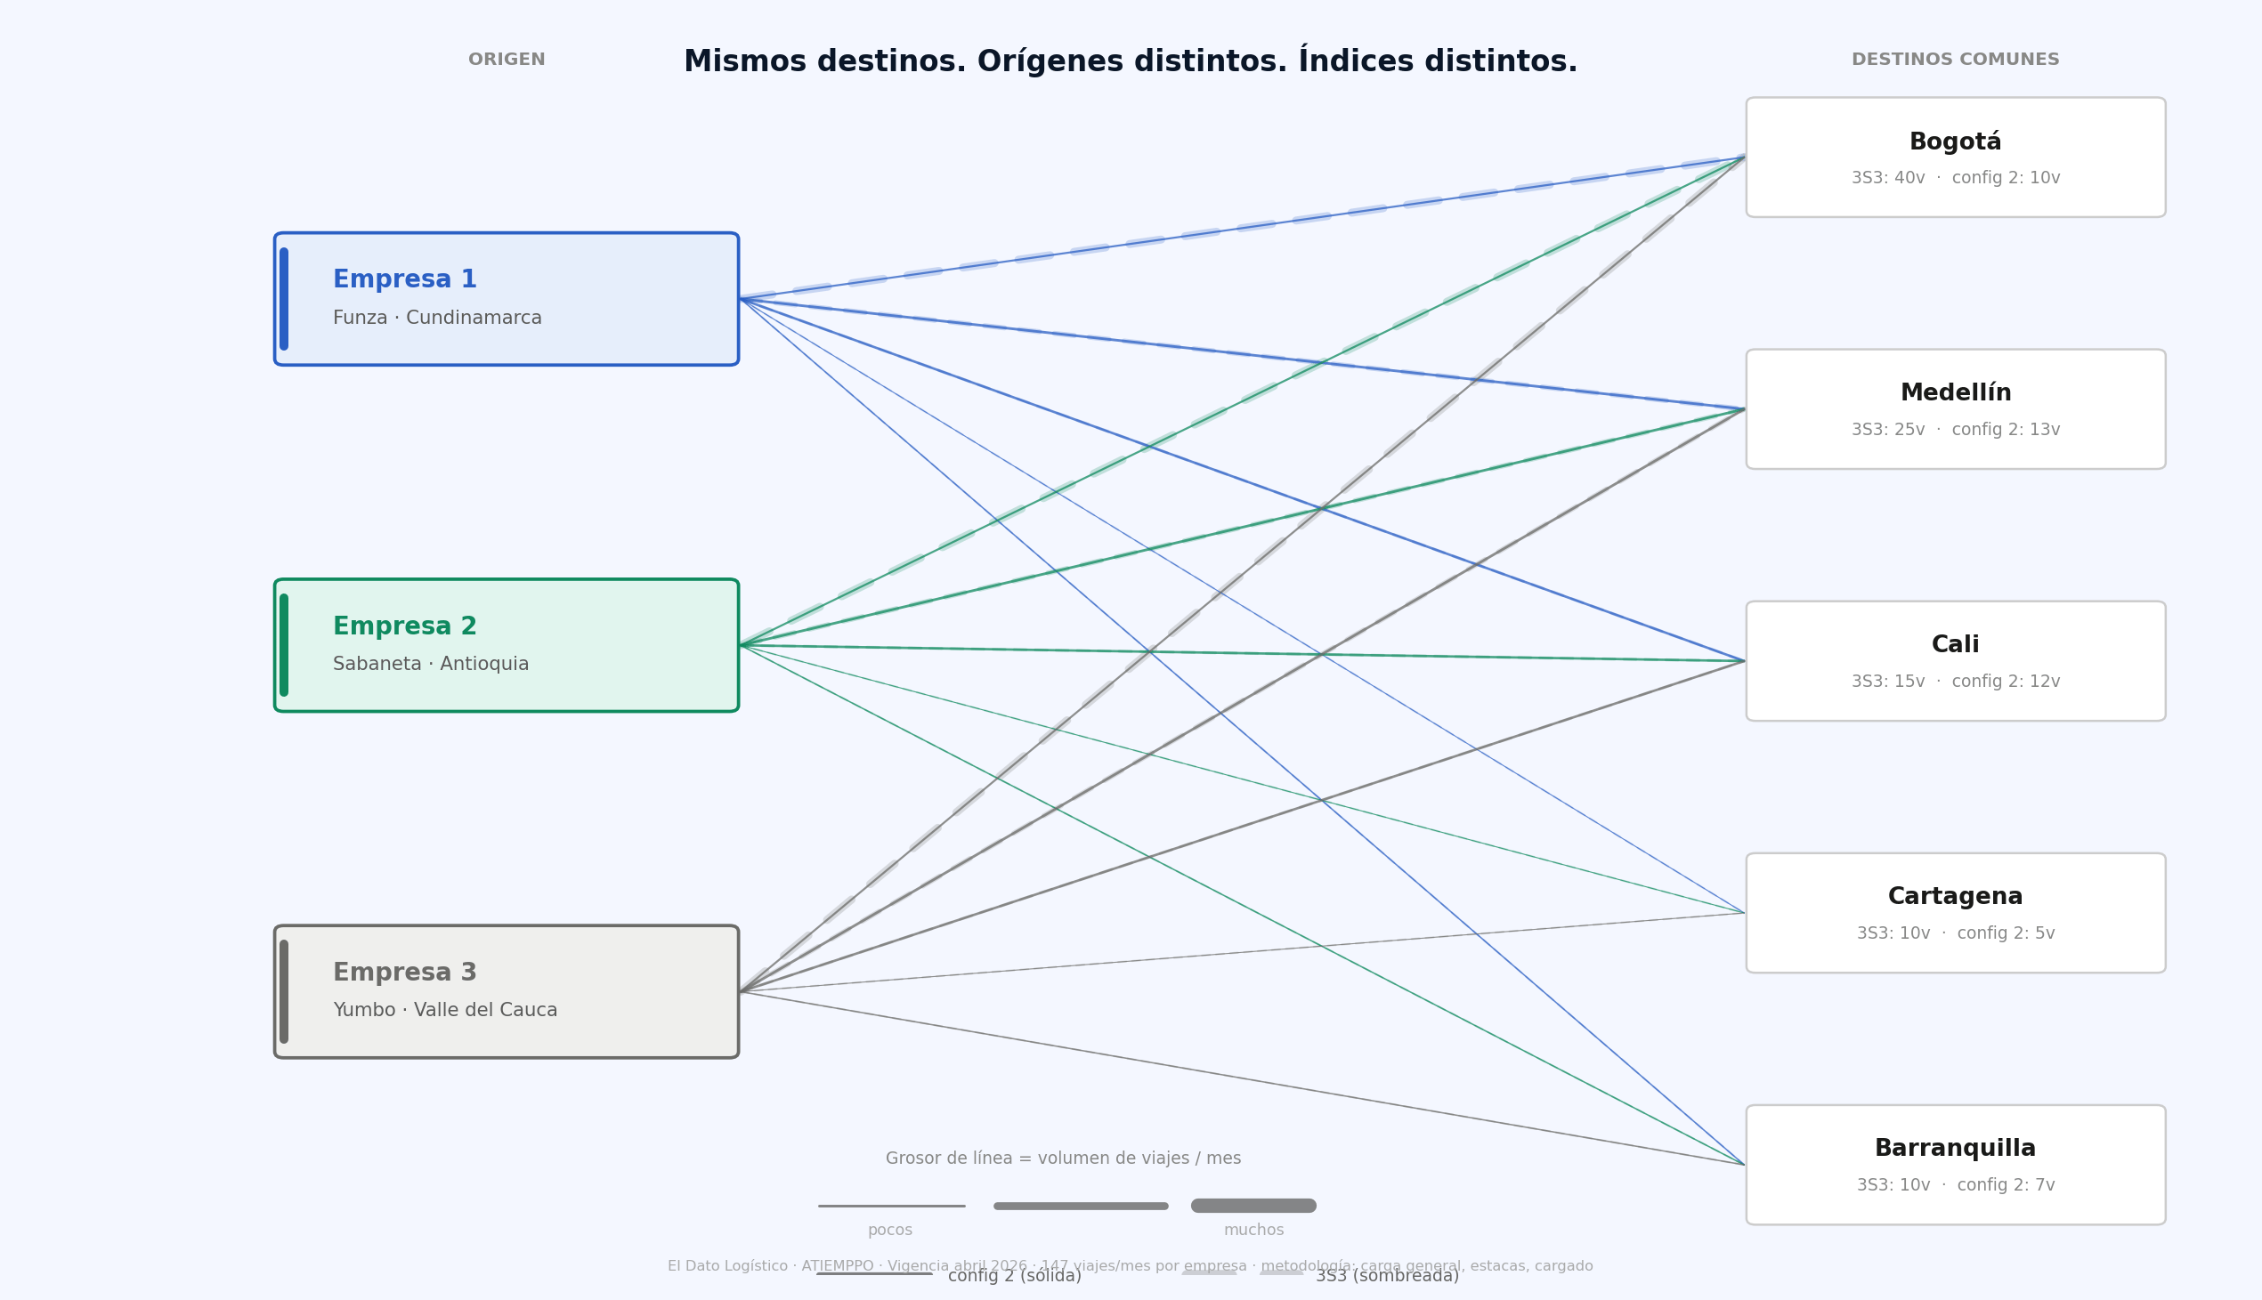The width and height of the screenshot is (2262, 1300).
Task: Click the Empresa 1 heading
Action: [404, 279]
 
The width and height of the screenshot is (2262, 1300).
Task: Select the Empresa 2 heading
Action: [404, 626]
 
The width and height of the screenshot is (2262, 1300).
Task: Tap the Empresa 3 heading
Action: [404, 973]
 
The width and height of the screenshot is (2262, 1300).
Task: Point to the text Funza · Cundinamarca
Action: [437, 318]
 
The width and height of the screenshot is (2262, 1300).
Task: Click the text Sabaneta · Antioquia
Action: [431, 665]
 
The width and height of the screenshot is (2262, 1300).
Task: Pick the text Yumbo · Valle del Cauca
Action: [445, 1010]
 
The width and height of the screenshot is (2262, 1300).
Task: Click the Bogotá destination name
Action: [1955, 142]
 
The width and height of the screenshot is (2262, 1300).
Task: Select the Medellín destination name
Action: [1955, 393]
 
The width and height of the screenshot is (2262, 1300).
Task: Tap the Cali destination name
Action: [1955, 644]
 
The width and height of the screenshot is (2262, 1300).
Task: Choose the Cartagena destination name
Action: [1955, 896]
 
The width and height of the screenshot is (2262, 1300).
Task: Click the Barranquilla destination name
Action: [1955, 1148]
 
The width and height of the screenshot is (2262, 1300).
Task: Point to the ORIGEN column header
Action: [507, 60]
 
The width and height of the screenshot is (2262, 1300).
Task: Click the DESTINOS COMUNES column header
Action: [1955, 60]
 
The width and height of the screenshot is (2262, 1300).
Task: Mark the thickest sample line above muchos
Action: [1253, 1206]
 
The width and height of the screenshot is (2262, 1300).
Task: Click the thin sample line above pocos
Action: [891, 1207]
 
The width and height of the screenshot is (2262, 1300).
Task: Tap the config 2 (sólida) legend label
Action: [1014, 1276]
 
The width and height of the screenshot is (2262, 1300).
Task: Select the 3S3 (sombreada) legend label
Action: [1386, 1276]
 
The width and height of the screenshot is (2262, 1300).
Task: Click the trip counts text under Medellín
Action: [1955, 430]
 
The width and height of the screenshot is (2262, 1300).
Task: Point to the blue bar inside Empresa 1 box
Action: [284, 299]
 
